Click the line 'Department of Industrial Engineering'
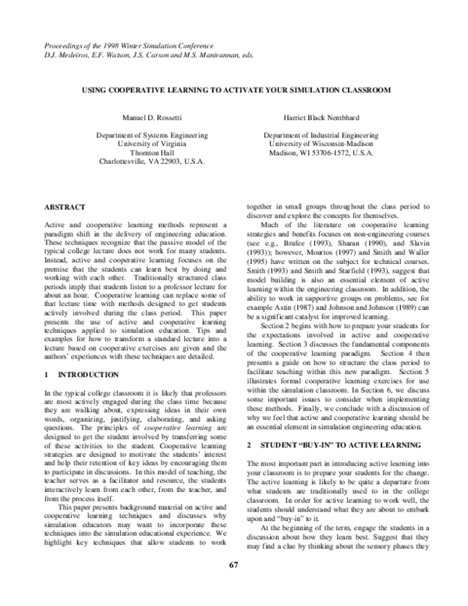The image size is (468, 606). (x=319, y=135)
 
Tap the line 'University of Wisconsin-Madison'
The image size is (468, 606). (x=319, y=144)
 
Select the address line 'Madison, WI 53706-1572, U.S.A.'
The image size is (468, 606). (x=319, y=153)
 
